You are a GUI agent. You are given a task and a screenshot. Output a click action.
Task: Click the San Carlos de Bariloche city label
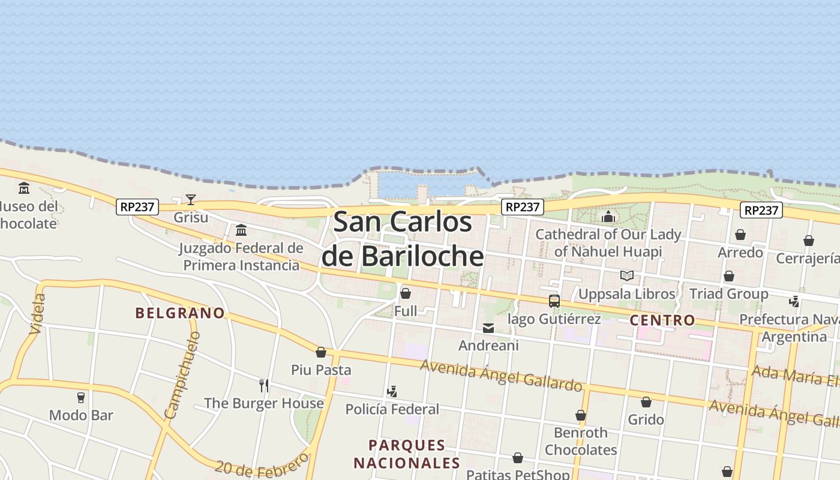pyautogui.click(x=403, y=239)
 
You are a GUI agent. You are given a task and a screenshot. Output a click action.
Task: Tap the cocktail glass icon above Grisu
pyautogui.click(x=191, y=200)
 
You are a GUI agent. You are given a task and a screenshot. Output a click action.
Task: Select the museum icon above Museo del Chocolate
pyautogui.click(x=24, y=188)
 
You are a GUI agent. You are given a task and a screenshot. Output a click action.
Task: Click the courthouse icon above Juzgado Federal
pyautogui.click(x=241, y=230)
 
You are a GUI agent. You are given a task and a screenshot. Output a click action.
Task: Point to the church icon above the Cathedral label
pyautogui.click(x=608, y=217)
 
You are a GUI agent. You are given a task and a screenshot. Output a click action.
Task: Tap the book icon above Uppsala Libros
pyautogui.click(x=627, y=276)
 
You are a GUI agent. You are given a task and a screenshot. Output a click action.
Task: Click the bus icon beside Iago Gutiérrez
pyautogui.click(x=554, y=301)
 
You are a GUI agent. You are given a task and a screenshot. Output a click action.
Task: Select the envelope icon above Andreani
pyautogui.click(x=488, y=328)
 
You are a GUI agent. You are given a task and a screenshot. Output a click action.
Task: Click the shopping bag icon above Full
pyautogui.click(x=406, y=293)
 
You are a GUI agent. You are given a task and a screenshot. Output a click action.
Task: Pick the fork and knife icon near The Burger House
pyautogui.click(x=264, y=385)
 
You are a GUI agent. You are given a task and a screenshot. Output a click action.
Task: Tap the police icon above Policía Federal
pyautogui.click(x=392, y=392)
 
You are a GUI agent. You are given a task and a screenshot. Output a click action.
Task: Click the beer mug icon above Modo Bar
pyautogui.click(x=81, y=397)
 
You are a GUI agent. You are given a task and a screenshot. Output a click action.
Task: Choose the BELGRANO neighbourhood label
pyautogui.click(x=180, y=313)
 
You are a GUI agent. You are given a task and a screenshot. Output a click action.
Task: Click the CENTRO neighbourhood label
pyautogui.click(x=662, y=320)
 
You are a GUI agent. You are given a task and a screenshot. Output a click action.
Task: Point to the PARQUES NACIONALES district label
pyautogui.click(x=407, y=454)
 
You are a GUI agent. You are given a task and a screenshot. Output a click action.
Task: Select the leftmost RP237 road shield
pyautogui.click(x=137, y=207)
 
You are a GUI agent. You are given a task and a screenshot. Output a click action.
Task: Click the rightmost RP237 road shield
pyautogui.click(x=761, y=210)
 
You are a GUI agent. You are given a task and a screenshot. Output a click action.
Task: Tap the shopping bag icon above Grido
pyautogui.click(x=646, y=402)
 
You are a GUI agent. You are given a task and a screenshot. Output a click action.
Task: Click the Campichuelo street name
pyautogui.click(x=182, y=375)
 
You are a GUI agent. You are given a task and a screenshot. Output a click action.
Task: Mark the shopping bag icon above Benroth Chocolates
pyautogui.click(x=581, y=415)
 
